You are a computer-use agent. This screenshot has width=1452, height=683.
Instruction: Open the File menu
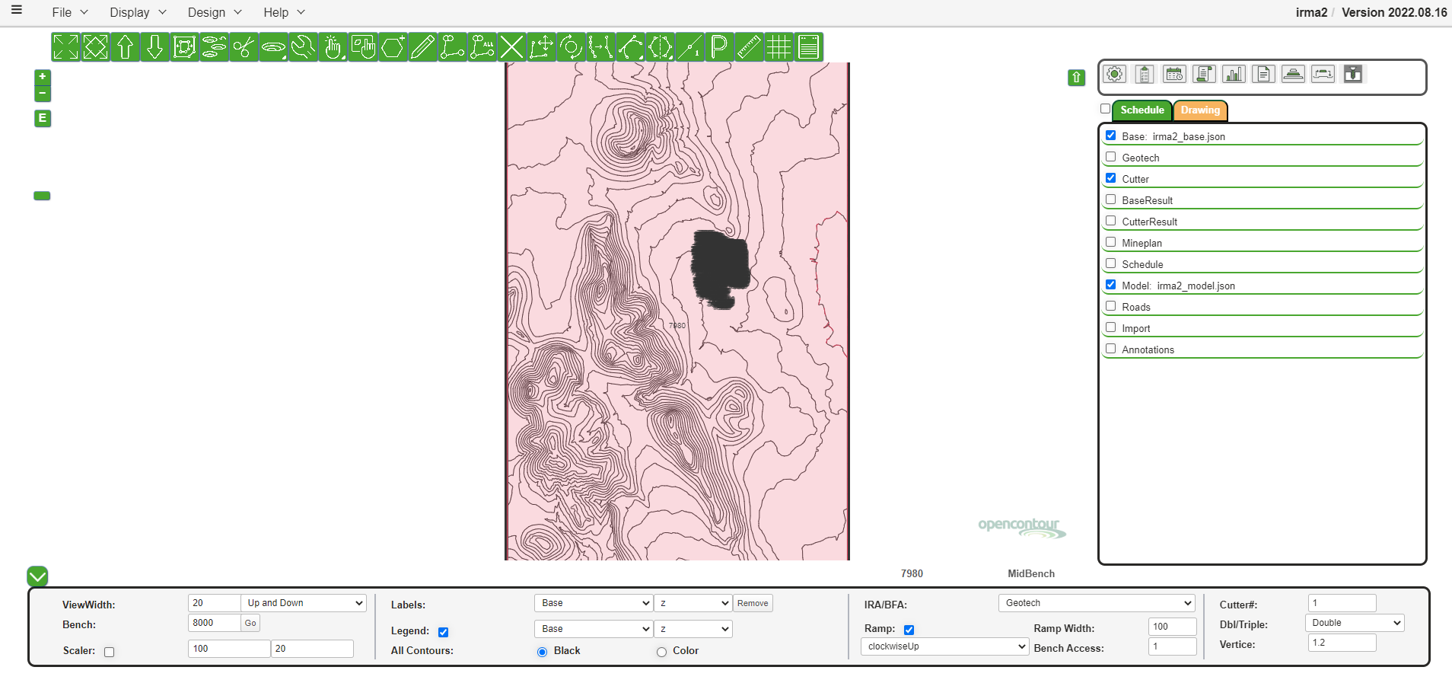[x=69, y=12]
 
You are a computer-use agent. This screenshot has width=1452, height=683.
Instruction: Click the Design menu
[x=214, y=12]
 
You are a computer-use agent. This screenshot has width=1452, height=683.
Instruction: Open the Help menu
[x=283, y=12]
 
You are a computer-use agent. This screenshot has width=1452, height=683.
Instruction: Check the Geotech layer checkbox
[x=1111, y=157]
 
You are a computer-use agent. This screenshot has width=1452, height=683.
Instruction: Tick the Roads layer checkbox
[x=1111, y=306]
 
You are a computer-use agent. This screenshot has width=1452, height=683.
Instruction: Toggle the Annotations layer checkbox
[x=1111, y=349]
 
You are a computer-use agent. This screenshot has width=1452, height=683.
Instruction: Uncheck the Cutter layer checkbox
[x=1111, y=178]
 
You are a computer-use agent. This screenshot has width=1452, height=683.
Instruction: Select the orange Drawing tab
[x=1200, y=110]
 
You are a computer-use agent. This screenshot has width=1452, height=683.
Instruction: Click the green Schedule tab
[x=1142, y=110]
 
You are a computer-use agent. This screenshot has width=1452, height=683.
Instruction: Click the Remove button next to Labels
[x=753, y=603]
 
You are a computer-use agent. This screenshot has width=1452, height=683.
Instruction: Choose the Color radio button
[x=661, y=652]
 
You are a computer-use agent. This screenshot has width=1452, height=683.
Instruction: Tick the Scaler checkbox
[x=110, y=652]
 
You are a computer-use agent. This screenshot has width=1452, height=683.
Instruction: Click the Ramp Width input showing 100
[x=1171, y=627]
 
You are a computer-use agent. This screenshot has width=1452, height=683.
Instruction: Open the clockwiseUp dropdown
[x=944, y=646]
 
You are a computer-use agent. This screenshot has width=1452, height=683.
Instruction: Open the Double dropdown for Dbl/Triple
[x=1354, y=623]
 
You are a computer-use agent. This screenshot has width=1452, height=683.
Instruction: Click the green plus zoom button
[x=43, y=77]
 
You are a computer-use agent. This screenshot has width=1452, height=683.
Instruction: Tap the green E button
[x=43, y=118]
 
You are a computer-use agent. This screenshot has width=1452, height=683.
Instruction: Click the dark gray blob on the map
[x=719, y=266]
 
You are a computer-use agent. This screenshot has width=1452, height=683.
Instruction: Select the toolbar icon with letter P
[x=719, y=47]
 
